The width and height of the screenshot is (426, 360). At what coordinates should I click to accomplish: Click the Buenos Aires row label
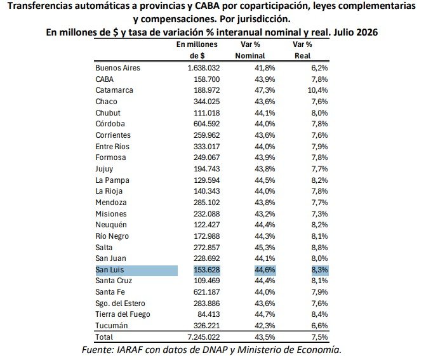(117, 68)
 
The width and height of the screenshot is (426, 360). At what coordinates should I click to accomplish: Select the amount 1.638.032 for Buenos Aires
(204, 68)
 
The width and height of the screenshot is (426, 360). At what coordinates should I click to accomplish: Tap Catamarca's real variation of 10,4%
(317, 90)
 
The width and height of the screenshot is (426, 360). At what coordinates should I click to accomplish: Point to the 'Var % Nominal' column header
(250, 50)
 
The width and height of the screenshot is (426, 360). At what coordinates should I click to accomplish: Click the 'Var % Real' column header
(302, 50)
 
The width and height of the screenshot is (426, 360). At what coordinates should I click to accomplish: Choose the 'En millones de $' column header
(197, 50)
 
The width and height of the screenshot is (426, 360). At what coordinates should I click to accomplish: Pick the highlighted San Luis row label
(109, 270)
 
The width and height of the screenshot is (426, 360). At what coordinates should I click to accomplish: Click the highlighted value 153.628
(207, 270)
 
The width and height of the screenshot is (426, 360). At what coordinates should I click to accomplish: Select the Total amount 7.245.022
(204, 337)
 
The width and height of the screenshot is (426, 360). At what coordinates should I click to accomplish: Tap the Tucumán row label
(111, 326)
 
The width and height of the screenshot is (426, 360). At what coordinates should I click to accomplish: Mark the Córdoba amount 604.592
(207, 124)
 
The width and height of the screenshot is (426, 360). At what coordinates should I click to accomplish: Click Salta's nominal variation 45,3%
(265, 247)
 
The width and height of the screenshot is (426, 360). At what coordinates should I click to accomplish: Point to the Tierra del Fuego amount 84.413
(209, 314)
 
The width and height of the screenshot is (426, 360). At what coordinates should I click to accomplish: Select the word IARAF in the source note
(130, 350)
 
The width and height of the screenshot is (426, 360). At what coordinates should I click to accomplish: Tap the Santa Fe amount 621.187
(207, 292)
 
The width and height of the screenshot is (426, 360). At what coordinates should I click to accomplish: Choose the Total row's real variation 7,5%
(319, 337)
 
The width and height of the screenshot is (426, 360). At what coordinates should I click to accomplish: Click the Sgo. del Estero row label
(120, 303)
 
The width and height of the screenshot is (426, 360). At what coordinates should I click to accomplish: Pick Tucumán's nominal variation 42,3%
(265, 326)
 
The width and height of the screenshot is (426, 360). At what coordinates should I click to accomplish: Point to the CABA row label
(104, 79)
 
